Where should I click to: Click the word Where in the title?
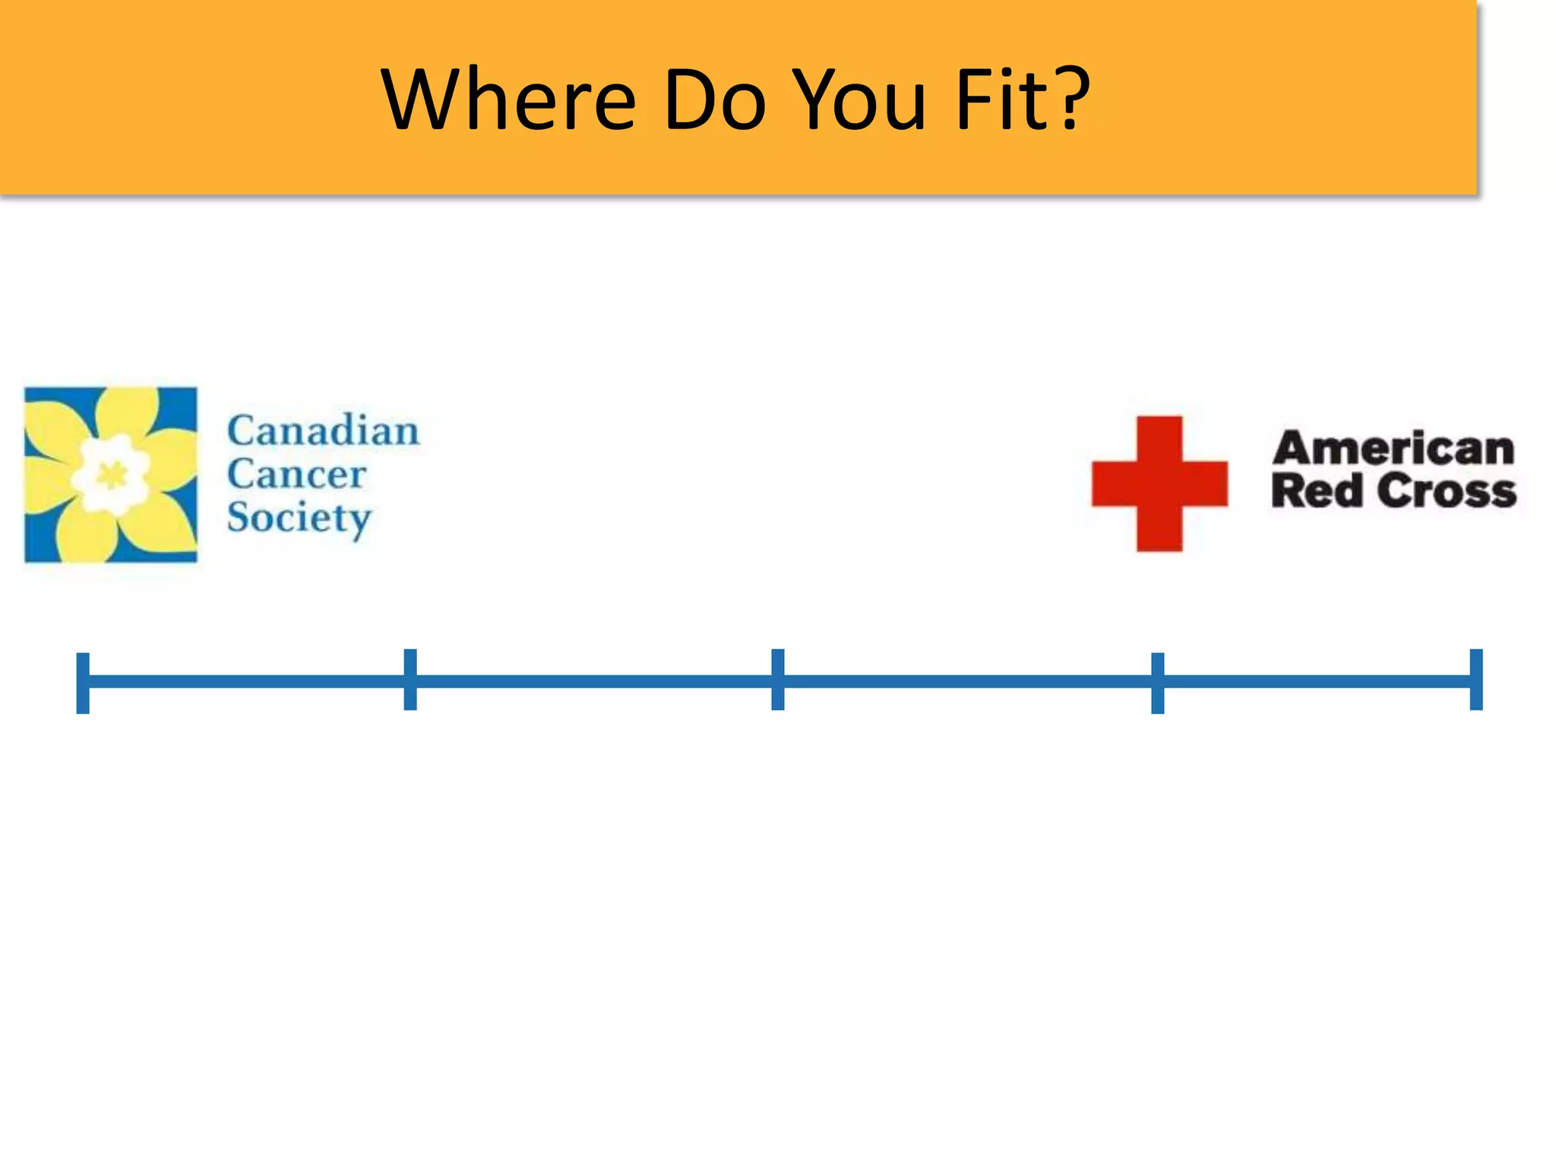pyautogui.click(x=508, y=100)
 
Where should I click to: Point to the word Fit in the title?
pyautogui.click(x=1003, y=100)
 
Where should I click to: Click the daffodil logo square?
pyautogui.click(x=111, y=475)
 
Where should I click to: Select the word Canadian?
pyautogui.click(x=323, y=431)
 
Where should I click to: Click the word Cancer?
pyautogui.click(x=296, y=475)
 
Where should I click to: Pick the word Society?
pyautogui.click(x=299, y=518)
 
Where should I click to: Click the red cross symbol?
pyautogui.click(x=1159, y=483)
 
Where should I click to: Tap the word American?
pyautogui.click(x=1393, y=448)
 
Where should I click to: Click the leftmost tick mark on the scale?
pyautogui.click(x=83, y=682)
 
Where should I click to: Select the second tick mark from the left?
pyautogui.click(x=410, y=679)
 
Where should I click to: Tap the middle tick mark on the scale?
pyautogui.click(x=777, y=679)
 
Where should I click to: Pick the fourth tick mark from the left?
pyautogui.click(x=1157, y=682)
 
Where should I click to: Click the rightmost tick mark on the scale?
pyautogui.click(x=1476, y=679)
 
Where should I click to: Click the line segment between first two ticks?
pyautogui.click(x=247, y=681)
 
